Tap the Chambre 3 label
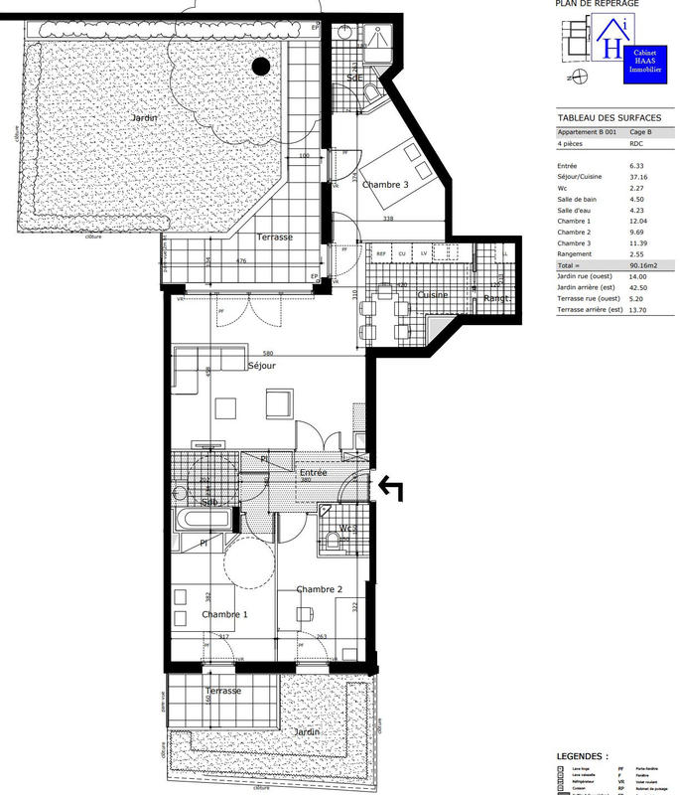[x=385, y=185]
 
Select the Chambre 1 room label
[x=224, y=615]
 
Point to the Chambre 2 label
[x=319, y=589]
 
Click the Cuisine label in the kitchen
[x=433, y=294]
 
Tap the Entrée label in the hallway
[x=314, y=473]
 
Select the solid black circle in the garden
[x=261, y=67]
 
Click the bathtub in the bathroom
[x=203, y=518]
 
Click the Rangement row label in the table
[x=576, y=254]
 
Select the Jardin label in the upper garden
[x=145, y=118]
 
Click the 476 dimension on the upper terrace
[x=239, y=261]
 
